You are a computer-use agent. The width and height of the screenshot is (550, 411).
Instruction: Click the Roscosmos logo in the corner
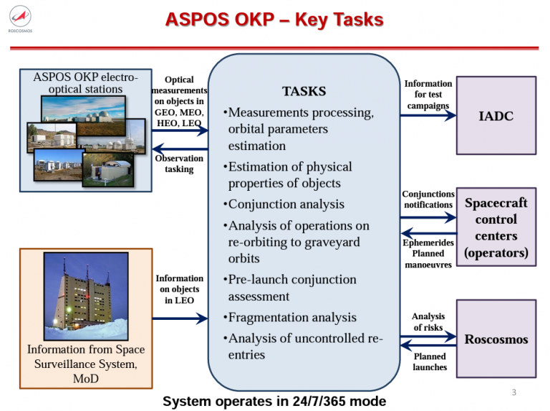[x=20, y=19]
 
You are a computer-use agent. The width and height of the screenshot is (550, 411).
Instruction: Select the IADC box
[x=496, y=115]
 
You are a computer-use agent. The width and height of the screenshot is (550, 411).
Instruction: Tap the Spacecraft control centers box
[x=496, y=227]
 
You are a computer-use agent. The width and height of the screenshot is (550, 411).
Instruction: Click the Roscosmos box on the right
[x=496, y=339]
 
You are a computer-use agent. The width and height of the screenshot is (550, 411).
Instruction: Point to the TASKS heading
[x=304, y=91]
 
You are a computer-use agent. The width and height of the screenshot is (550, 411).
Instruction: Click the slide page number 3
[x=514, y=392]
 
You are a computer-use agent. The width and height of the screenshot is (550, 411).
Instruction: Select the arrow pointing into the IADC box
[x=428, y=115]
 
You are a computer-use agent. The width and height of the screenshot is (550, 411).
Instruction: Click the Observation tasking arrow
[x=180, y=149]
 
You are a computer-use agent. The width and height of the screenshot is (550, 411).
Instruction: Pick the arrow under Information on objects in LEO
[x=180, y=318]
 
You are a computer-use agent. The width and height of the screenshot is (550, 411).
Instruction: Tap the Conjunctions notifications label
[x=428, y=199]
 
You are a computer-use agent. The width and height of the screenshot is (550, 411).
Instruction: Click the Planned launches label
[x=430, y=362]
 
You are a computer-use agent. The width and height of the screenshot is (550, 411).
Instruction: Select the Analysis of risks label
[x=428, y=322]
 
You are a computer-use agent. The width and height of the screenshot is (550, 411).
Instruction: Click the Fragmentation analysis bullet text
[x=292, y=318]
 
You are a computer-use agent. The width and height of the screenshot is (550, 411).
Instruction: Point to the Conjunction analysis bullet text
[x=286, y=204]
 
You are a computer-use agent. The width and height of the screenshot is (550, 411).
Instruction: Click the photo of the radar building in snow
[x=86, y=296]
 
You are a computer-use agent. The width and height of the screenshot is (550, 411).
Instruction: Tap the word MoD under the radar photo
[x=86, y=379]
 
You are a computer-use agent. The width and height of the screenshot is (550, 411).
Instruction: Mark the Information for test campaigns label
[x=428, y=95]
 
